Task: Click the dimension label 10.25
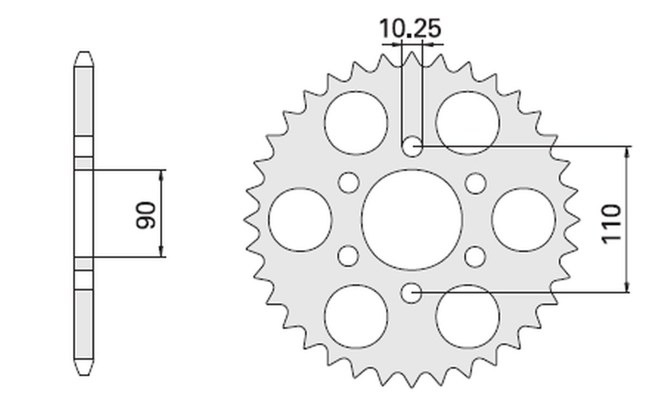coord(410,29)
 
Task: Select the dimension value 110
coord(612,224)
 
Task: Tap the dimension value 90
coord(146,215)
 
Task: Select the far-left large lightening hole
coord(300,220)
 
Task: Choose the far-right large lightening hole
coord(523,220)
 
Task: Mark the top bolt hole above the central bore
coord(412,146)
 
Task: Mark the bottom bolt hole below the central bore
coord(412,293)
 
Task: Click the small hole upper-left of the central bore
coord(348,183)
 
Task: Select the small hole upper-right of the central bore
coord(476,183)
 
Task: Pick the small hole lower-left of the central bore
coord(348,256)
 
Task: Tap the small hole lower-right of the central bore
coord(476,256)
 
